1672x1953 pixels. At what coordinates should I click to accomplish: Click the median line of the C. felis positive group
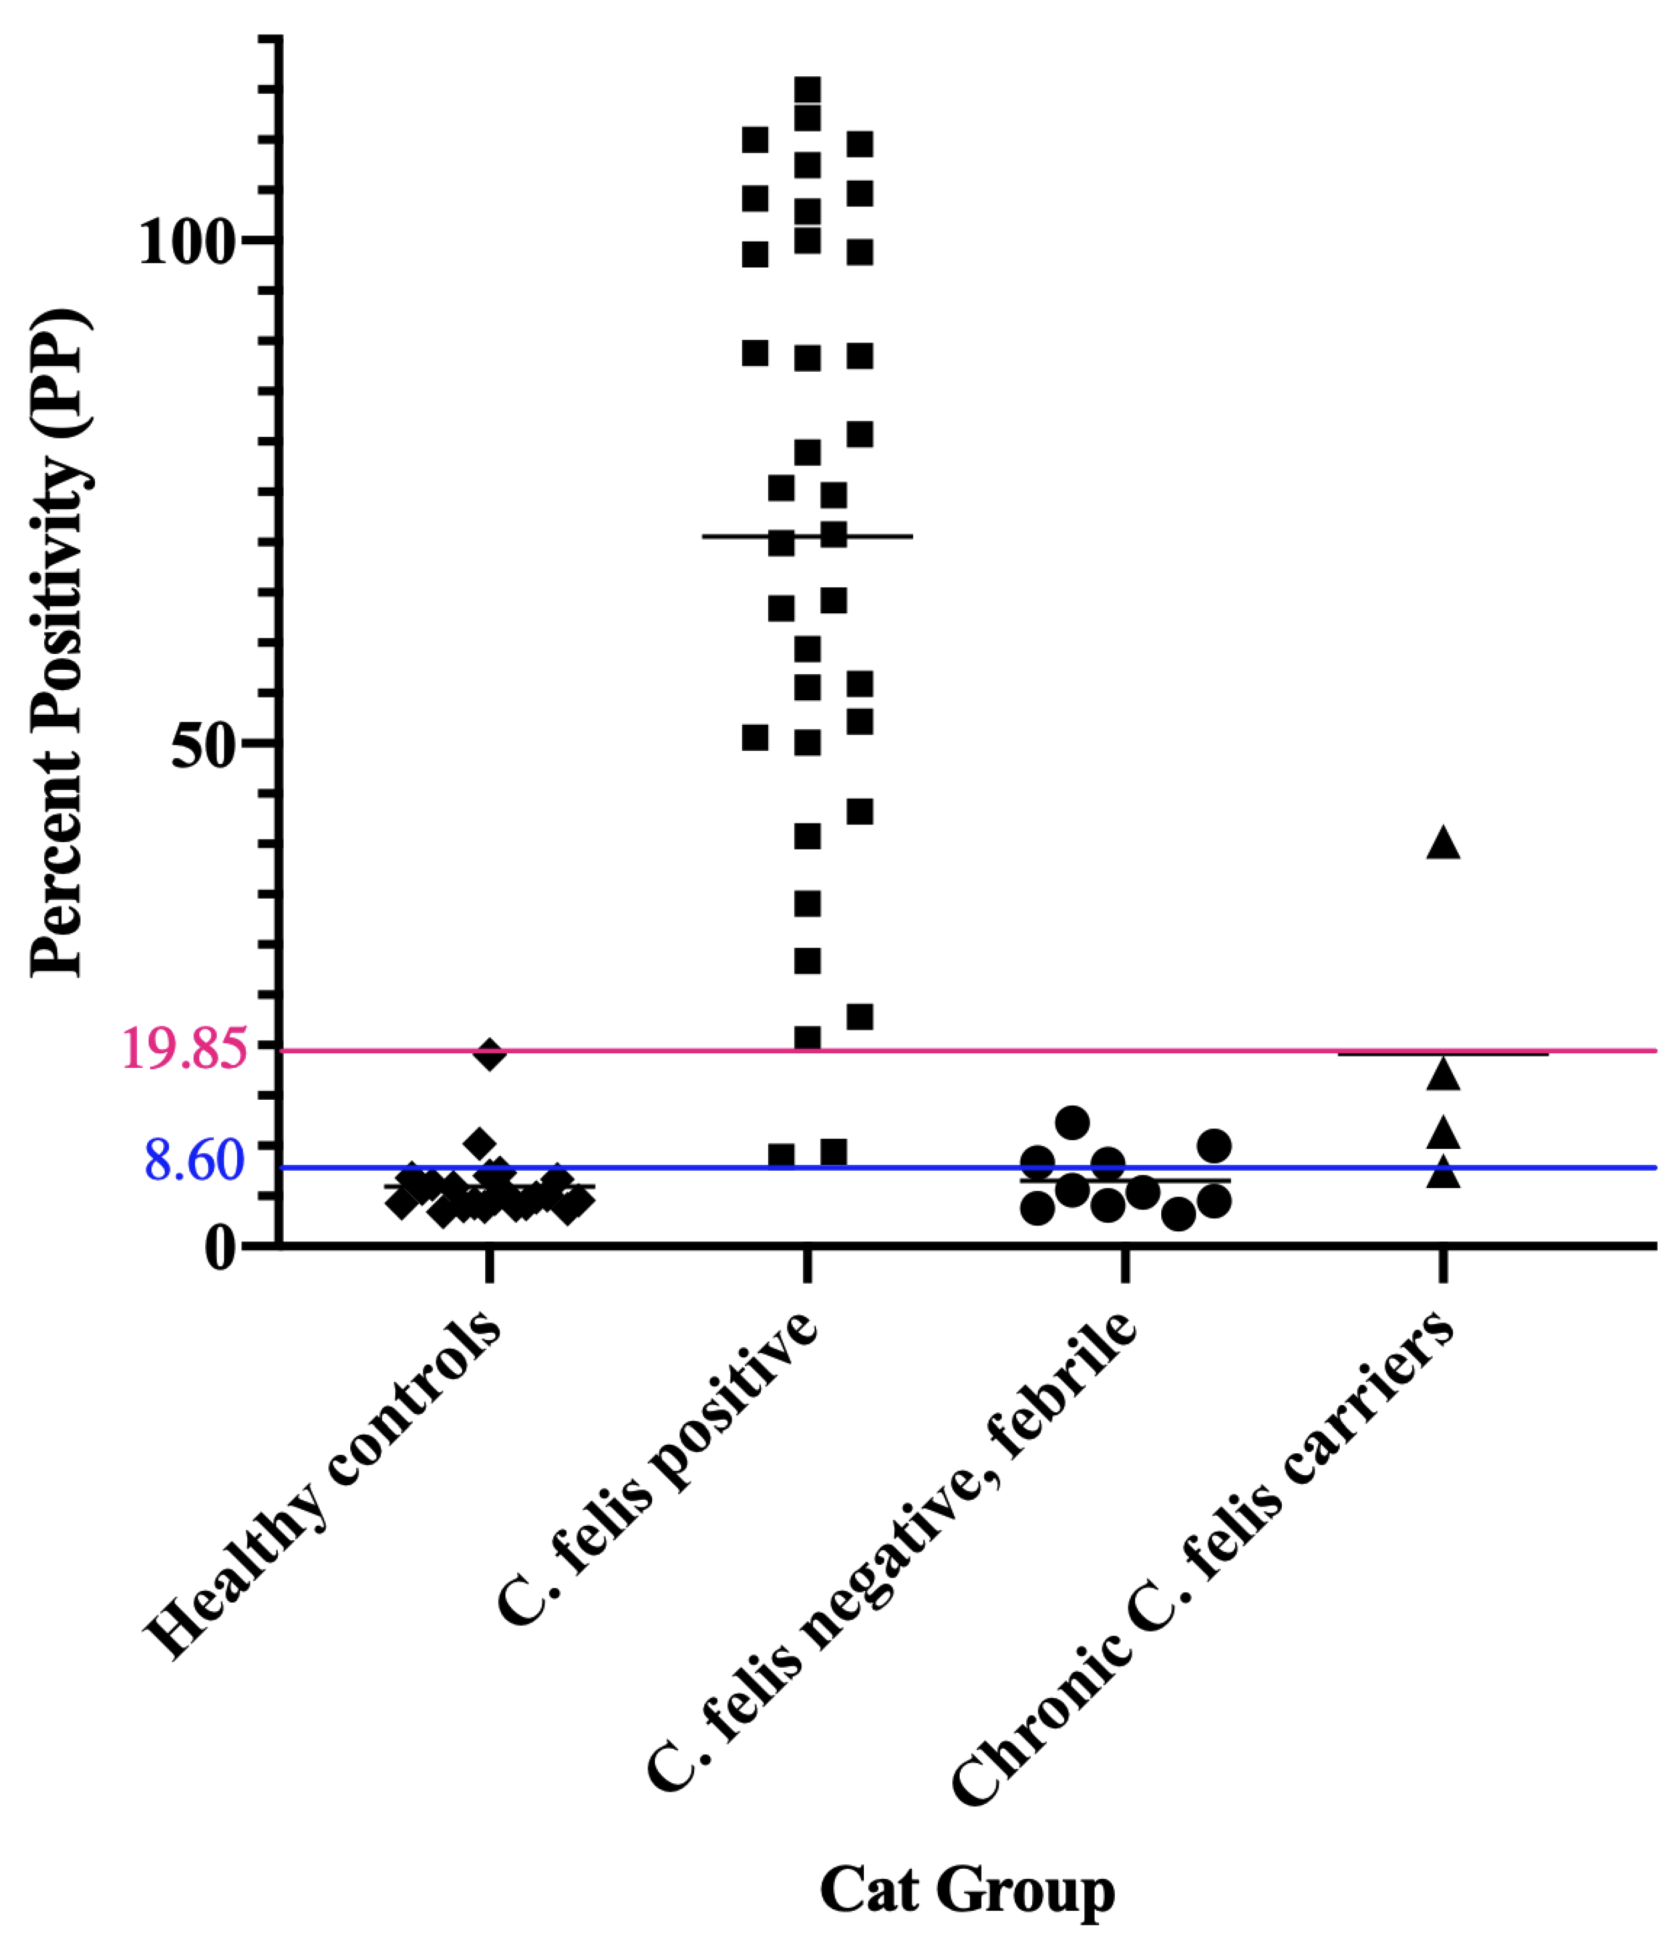click(x=886, y=537)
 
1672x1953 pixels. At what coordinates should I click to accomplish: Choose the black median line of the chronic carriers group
click(x=1508, y=1054)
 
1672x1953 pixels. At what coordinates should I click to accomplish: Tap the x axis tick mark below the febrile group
click(x=1126, y=1268)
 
